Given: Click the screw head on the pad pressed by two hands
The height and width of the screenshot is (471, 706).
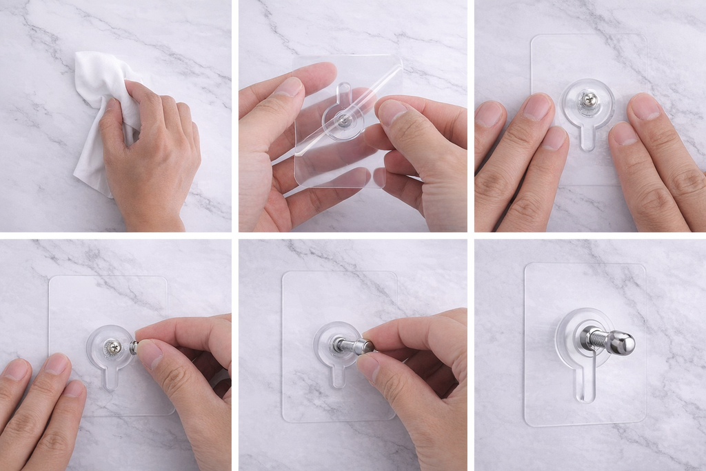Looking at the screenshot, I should tap(587, 101).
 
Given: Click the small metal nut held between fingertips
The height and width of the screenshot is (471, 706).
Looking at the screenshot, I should tap(134, 347).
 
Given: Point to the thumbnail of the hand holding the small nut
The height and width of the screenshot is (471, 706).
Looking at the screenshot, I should tap(149, 352).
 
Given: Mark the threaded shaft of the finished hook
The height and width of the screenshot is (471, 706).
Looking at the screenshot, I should tap(600, 340).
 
